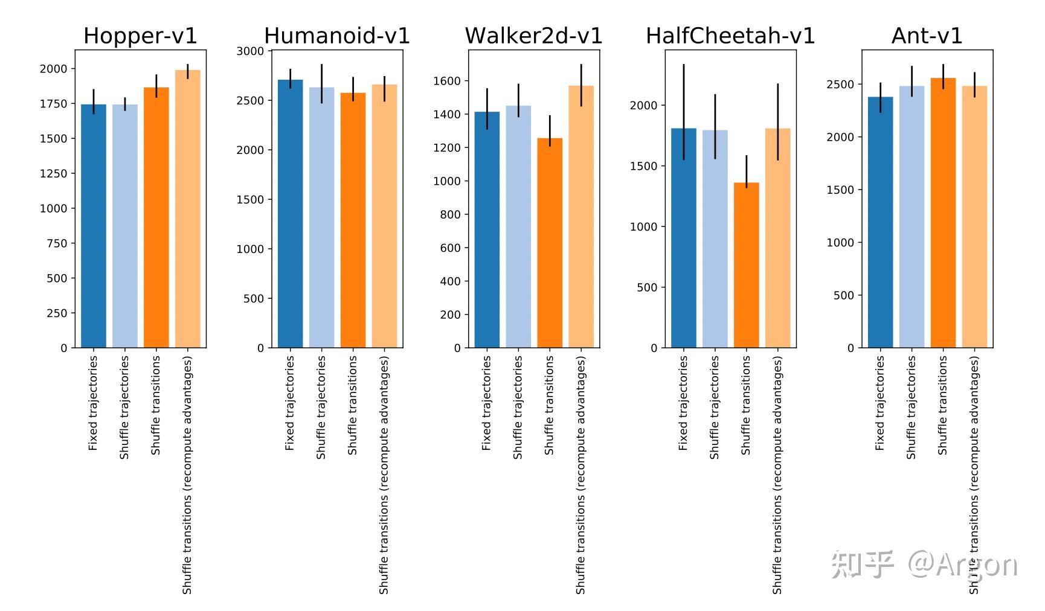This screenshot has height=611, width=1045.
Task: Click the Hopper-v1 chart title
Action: coord(140,36)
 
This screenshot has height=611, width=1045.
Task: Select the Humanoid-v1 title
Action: coord(337,36)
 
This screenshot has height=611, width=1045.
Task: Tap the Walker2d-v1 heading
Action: coord(533,36)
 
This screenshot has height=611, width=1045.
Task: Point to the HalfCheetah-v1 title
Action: coord(730,36)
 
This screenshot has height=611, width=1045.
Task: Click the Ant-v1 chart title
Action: coord(927,36)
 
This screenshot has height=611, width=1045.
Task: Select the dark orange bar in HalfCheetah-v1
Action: coord(746,266)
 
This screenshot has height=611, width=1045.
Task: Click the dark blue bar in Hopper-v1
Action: coord(94,226)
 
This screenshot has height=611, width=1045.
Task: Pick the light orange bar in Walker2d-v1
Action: coord(581,217)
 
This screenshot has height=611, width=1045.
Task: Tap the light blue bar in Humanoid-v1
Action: coord(321,217)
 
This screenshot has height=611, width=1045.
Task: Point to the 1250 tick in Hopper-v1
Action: coord(53,173)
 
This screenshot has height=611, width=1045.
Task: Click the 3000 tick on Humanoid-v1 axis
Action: coord(250,51)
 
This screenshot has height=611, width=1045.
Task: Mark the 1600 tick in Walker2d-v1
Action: coord(447,81)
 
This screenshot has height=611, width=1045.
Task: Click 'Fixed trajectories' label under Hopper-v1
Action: coord(93,403)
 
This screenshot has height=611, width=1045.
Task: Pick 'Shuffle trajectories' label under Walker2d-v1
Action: coord(518,408)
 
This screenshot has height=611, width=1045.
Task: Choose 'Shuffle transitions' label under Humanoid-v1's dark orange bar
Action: coord(353,405)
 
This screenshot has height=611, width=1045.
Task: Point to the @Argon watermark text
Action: coord(963,565)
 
